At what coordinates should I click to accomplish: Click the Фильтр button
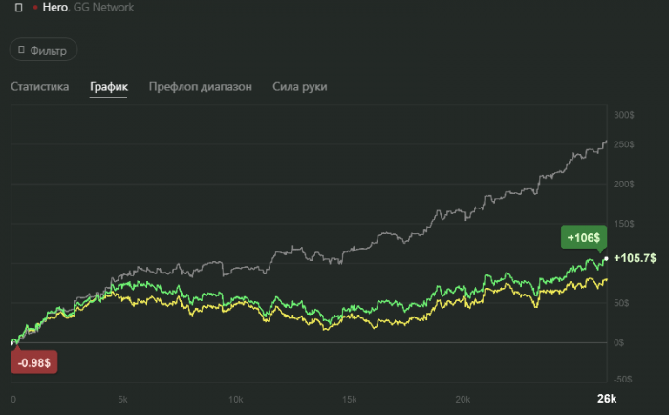click(x=43, y=50)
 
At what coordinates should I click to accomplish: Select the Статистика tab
click(x=40, y=87)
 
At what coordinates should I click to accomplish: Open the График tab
click(x=109, y=87)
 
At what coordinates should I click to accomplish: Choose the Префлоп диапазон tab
click(x=201, y=87)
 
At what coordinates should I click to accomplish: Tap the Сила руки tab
click(x=300, y=87)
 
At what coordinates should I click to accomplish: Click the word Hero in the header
click(x=55, y=8)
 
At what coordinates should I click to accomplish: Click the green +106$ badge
click(x=582, y=237)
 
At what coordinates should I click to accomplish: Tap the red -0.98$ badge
click(x=34, y=361)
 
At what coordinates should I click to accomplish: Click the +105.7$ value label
click(x=635, y=258)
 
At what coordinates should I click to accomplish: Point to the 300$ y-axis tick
click(x=624, y=115)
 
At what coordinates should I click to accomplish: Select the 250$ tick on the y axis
click(x=624, y=144)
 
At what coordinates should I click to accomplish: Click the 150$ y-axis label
click(x=624, y=224)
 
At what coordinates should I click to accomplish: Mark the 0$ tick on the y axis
click(x=619, y=342)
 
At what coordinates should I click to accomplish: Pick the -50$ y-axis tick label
click(x=623, y=379)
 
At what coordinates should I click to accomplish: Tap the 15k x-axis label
click(x=350, y=399)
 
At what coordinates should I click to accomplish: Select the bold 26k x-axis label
click(x=607, y=399)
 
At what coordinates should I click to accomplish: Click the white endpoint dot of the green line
click(x=606, y=258)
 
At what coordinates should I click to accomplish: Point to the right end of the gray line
click(x=606, y=142)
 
